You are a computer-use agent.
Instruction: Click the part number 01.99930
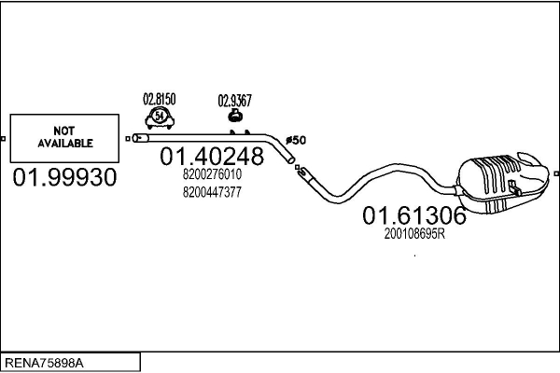(64, 177)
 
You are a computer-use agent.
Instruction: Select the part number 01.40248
(212, 157)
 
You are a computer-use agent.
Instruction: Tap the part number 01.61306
(414, 215)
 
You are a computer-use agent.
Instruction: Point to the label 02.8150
(160, 99)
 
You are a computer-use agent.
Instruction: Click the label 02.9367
(234, 101)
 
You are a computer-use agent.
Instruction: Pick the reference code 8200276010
(212, 174)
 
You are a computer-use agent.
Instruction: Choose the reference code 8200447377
(212, 192)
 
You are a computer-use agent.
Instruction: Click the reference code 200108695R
(414, 234)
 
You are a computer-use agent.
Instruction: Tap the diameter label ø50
(296, 140)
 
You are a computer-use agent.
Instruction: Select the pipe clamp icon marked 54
(160, 117)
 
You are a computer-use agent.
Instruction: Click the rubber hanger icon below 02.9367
(234, 116)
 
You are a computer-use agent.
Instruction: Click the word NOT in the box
(63, 131)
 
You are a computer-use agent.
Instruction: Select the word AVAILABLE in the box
(65, 143)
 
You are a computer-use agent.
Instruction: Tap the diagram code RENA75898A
(44, 363)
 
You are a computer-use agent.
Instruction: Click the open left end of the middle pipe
(136, 138)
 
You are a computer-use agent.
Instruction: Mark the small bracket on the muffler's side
(514, 188)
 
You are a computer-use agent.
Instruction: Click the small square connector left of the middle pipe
(128, 139)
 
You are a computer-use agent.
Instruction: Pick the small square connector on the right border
(556, 173)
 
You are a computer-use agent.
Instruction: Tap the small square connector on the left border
(3, 139)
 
